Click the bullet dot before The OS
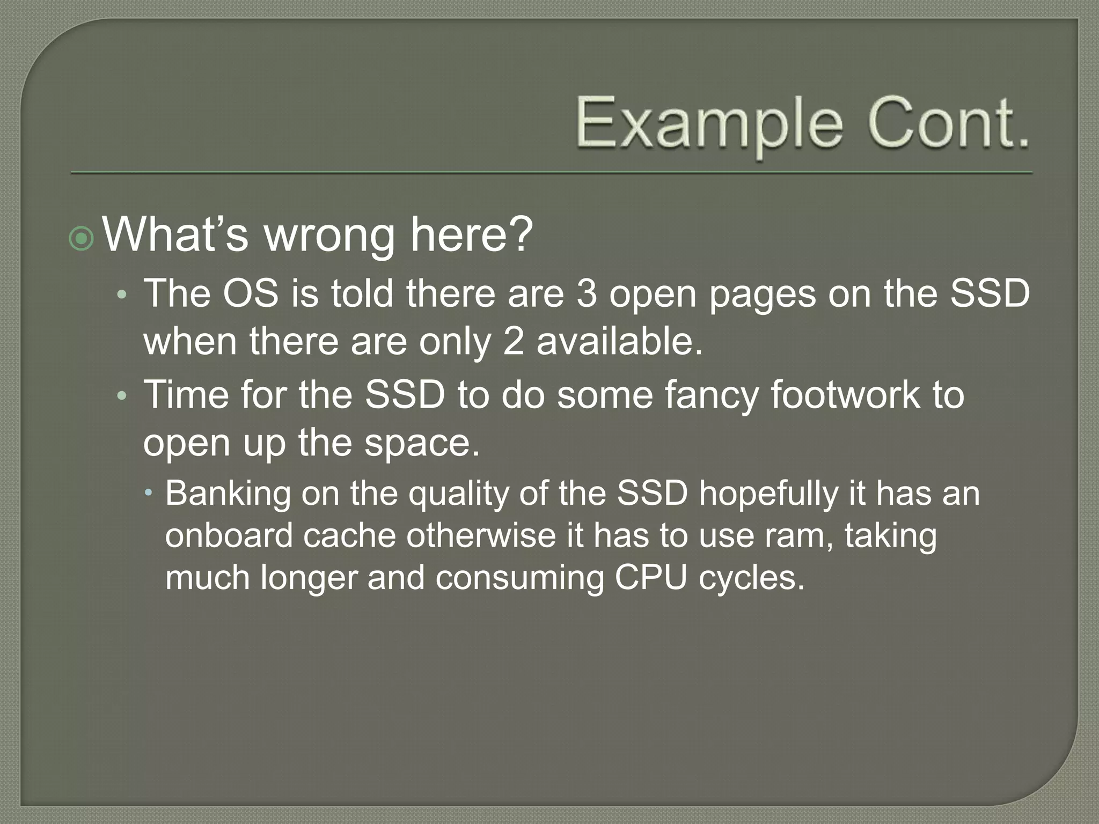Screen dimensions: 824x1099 pos(122,296)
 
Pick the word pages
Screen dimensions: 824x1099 pos(763,296)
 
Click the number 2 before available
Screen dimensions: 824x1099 pos(514,342)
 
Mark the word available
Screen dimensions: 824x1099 pos(619,342)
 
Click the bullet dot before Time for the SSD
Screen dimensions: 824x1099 pos(122,396)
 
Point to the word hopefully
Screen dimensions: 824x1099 pos(768,494)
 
